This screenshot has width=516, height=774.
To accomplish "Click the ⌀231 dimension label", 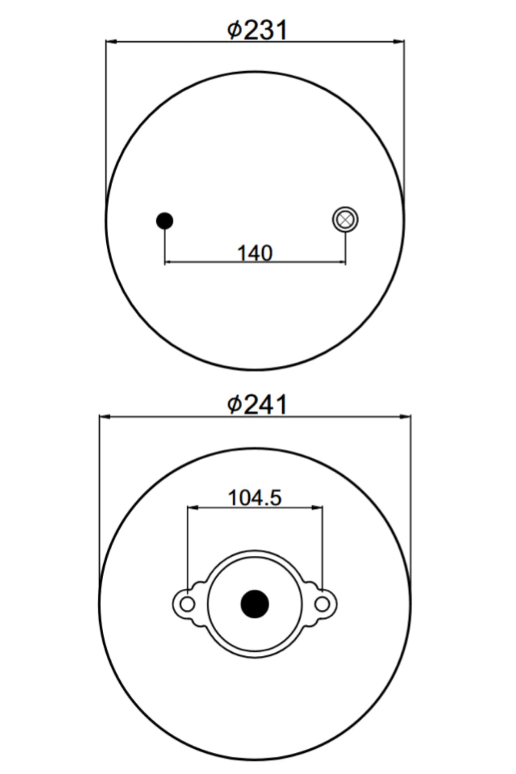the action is tap(257, 30).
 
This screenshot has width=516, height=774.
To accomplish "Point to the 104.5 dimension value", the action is tap(255, 498).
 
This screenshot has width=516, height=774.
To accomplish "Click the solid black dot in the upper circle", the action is tap(165, 221).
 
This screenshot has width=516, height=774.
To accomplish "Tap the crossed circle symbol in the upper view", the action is tap(345, 220).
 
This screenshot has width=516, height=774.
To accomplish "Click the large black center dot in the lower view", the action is tap(255, 604).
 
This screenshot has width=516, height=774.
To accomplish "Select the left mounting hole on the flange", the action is tap(188, 604).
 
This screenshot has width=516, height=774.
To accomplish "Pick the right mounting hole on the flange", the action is tap(322, 604).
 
